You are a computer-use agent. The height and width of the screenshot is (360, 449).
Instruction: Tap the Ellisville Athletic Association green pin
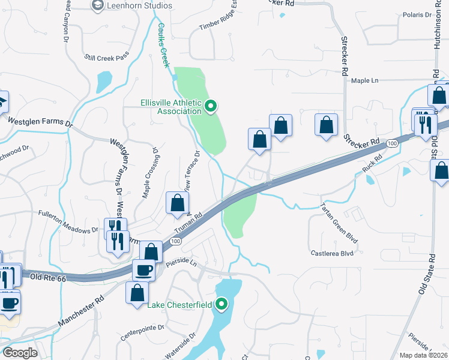[210, 107]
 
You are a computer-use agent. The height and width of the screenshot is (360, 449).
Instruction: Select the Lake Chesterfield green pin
[221, 305]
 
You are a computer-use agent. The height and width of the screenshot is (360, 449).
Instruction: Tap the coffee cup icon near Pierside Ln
[144, 270]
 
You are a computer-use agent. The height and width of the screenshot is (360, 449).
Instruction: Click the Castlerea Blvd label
[332, 254]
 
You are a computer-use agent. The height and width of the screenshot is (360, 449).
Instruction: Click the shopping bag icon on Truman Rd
[178, 203]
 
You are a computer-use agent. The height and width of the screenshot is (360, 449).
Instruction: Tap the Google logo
[20, 353]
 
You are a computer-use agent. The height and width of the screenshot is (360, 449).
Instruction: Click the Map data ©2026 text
[424, 355]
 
